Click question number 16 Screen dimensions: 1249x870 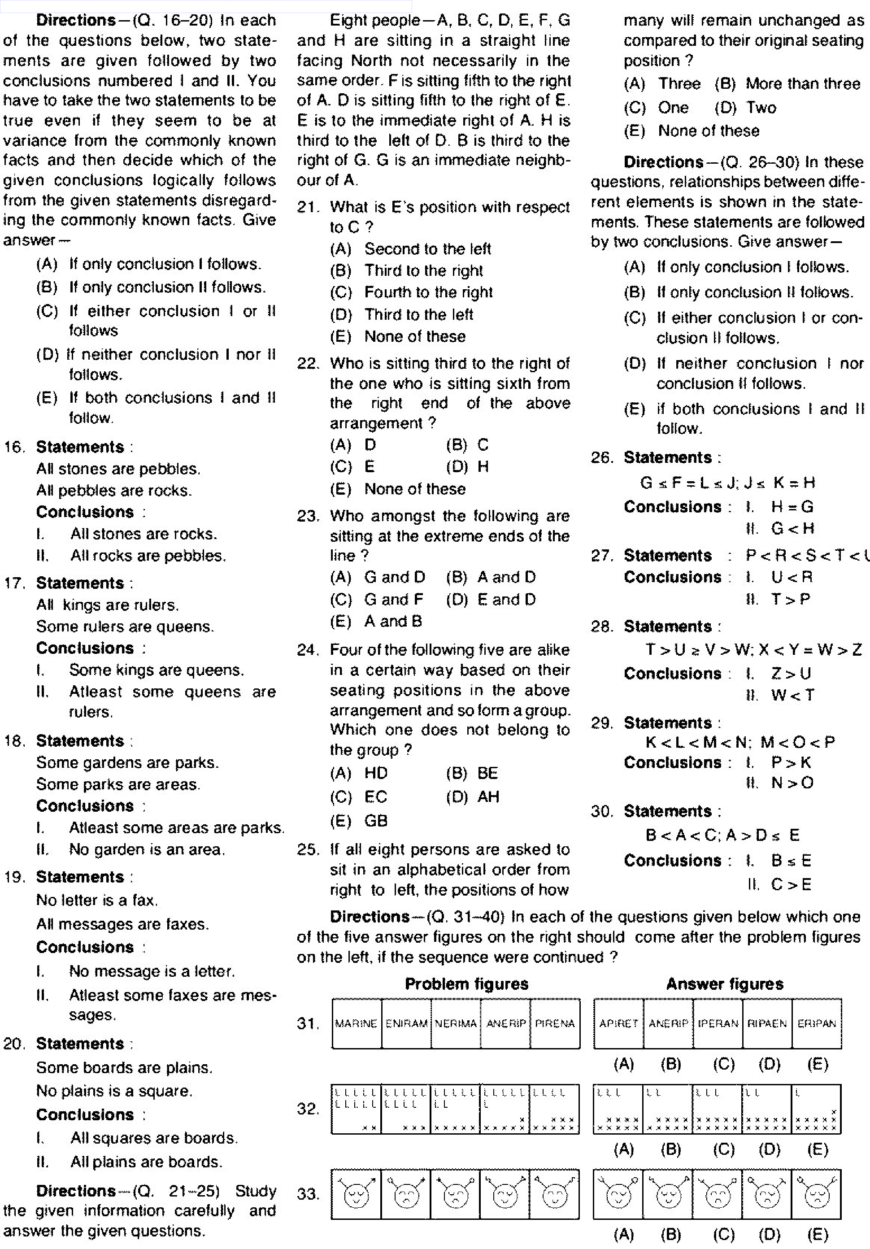tap(14, 447)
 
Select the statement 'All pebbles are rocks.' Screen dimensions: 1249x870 tap(114, 491)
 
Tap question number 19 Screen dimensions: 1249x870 tap(14, 877)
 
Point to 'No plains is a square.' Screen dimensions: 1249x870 tap(114, 1091)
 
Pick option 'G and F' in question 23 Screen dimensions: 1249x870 tap(393, 600)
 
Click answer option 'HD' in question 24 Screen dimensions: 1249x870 tap(376, 773)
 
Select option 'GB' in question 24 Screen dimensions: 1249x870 tap(376, 820)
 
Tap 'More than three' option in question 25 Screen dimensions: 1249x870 tap(803, 84)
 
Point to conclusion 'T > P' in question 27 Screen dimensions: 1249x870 tap(791, 600)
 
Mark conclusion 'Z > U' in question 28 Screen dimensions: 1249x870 tap(791, 674)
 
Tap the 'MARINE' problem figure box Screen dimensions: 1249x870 tap(357, 1023)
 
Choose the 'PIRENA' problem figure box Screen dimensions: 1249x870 tap(555, 1023)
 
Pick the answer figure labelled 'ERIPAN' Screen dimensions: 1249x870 tap(816, 1023)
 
